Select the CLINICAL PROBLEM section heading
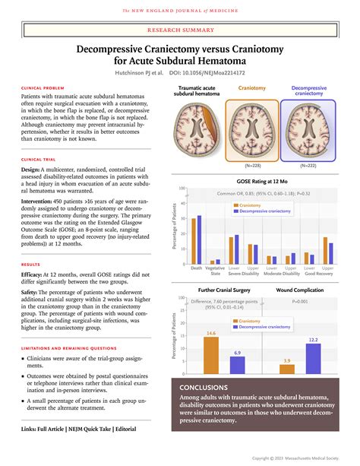(x=43, y=88)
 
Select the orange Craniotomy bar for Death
(x=193, y=243)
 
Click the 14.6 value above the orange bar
(x=210, y=333)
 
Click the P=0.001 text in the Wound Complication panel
(x=302, y=302)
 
